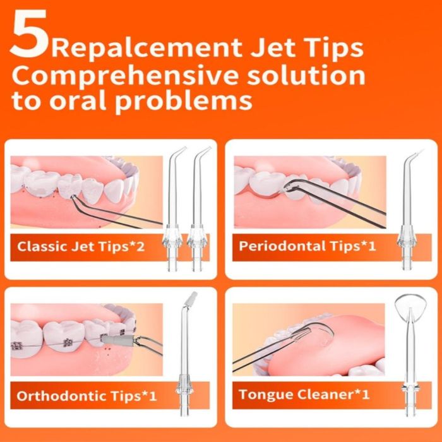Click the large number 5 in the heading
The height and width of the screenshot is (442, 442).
point(29,34)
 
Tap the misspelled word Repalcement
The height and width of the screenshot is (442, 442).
point(146,48)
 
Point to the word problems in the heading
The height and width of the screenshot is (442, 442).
point(183,101)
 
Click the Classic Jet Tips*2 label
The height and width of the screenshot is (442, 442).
point(81,246)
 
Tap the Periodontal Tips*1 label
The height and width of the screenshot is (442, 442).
point(308,246)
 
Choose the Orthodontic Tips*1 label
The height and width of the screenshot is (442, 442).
point(87,396)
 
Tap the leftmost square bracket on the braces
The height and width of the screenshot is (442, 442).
point(17,346)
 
